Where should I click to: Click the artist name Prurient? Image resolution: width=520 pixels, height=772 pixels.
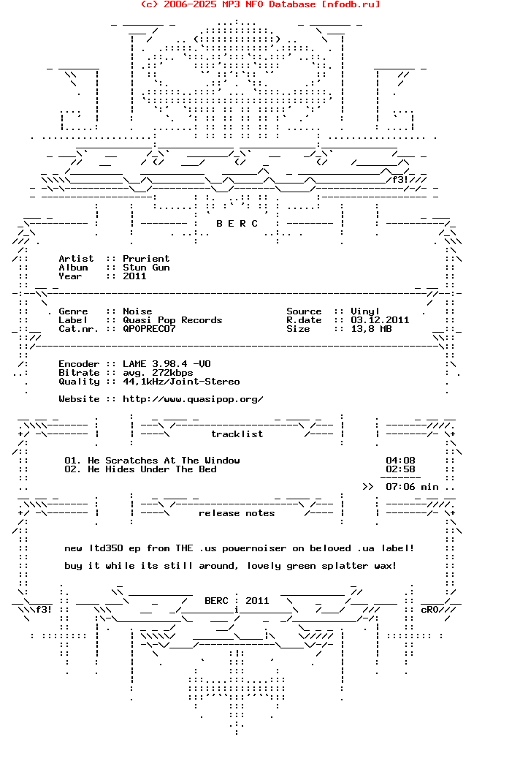(146, 259)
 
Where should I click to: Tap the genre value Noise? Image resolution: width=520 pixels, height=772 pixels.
(137, 311)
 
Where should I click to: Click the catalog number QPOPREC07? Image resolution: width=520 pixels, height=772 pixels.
(149, 329)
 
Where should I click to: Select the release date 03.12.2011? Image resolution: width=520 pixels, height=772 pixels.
(380, 320)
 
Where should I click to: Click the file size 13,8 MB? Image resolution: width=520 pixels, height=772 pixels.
(371, 329)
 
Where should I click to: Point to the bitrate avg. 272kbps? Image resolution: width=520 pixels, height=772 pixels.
(158, 373)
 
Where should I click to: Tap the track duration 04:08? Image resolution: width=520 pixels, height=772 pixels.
(400, 461)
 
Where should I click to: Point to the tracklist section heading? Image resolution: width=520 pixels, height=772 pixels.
(237, 434)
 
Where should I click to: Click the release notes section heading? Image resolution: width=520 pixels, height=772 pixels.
(237, 513)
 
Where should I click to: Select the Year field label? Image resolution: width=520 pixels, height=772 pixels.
(70, 276)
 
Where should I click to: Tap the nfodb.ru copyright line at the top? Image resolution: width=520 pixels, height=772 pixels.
(260, 4)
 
